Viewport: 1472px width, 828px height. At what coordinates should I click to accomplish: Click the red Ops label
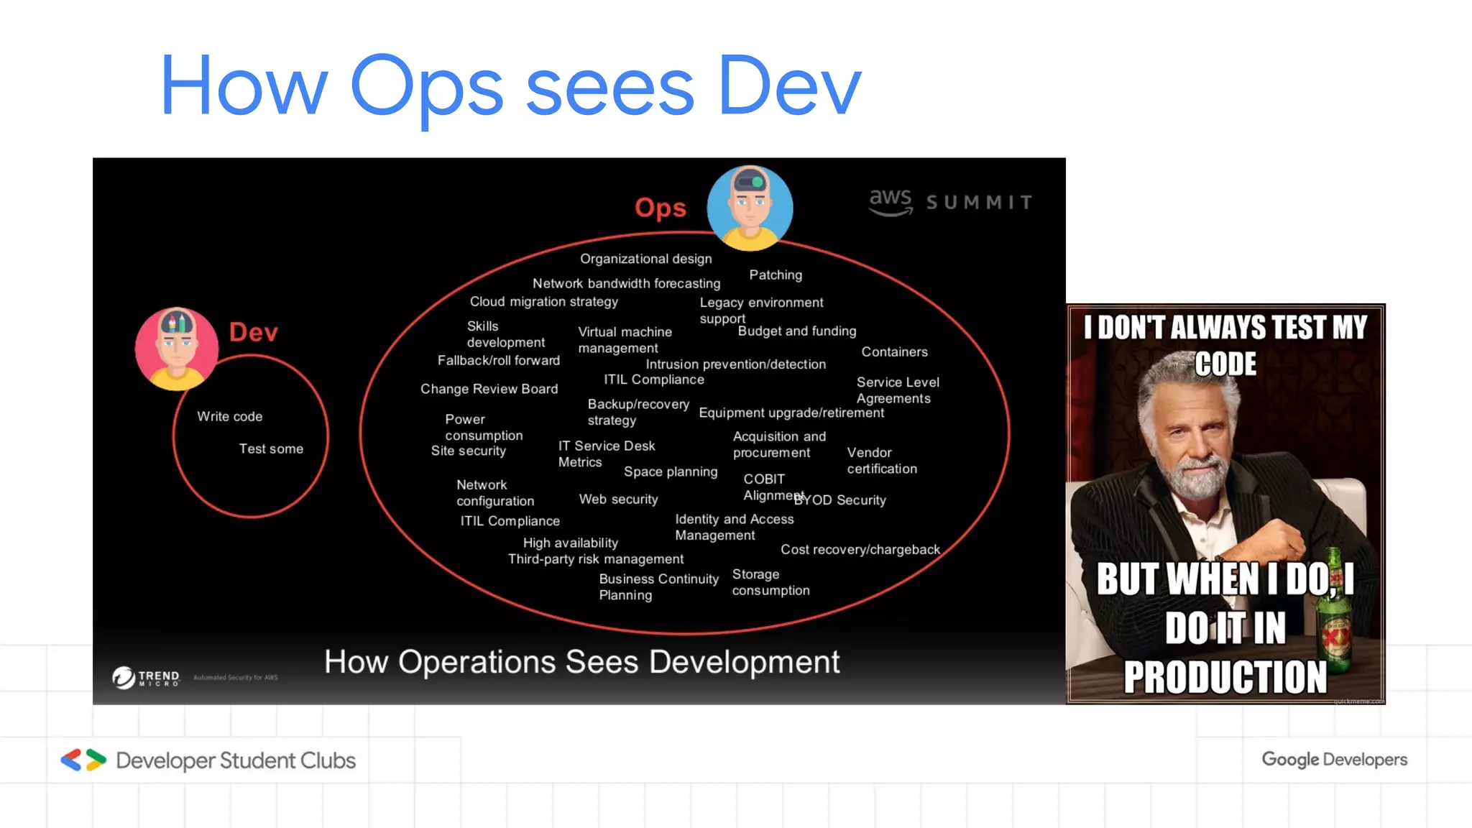(660, 208)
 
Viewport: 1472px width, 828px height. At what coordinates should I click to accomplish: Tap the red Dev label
(253, 332)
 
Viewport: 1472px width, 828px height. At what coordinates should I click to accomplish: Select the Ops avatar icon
(750, 208)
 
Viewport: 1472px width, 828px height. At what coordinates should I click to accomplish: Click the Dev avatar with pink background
(176, 349)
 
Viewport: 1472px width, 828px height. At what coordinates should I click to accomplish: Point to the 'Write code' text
(229, 417)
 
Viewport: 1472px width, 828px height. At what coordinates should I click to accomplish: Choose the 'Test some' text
(271, 449)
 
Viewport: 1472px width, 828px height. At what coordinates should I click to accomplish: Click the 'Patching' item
(776, 275)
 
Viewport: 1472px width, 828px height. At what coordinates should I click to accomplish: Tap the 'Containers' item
(894, 352)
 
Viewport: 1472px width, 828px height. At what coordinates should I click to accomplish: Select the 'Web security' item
(618, 500)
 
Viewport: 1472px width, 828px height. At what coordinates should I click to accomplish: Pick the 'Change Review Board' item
(489, 389)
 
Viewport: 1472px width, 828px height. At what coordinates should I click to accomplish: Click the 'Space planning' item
(671, 472)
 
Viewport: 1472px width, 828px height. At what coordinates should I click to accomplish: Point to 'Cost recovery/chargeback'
(860, 550)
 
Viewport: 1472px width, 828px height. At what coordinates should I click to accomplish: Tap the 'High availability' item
(570, 543)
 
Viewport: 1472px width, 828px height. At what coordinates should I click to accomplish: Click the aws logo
(891, 202)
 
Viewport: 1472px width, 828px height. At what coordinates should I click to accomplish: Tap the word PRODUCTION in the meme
(1225, 677)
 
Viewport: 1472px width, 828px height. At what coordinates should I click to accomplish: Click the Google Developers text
(1334, 760)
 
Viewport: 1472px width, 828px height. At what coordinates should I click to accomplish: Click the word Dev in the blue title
(788, 86)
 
